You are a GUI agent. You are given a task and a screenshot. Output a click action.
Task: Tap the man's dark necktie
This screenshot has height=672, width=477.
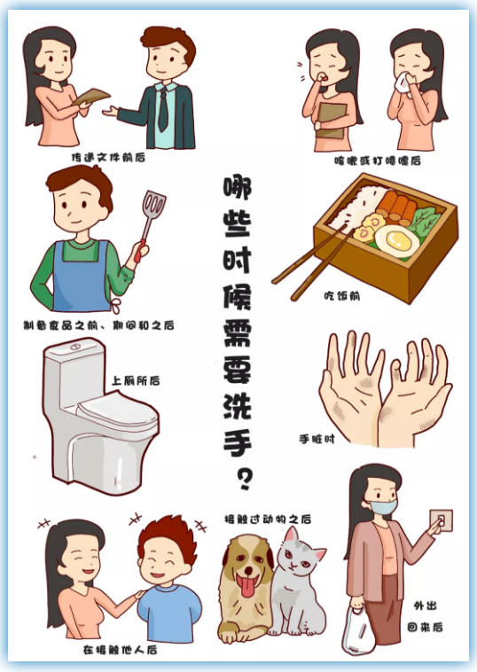tap(163, 109)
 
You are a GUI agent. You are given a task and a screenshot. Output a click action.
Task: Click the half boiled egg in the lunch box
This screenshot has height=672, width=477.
tap(396, 240)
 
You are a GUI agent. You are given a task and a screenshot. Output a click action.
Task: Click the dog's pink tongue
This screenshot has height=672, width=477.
tap(248, 586)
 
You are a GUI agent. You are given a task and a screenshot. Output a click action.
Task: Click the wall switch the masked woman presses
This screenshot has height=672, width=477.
tap(442, 520)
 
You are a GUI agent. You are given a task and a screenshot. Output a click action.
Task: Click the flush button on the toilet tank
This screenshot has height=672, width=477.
tap(75, 346)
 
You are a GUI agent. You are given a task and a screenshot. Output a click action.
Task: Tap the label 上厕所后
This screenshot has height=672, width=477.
tap(136, 380)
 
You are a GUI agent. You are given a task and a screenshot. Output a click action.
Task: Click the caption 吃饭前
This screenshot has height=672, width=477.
tap(341, 296)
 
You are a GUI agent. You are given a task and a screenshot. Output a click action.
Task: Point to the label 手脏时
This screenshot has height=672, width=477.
tap(317, 439)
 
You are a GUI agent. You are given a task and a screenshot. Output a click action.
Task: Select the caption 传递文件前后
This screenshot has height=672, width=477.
tap(108, 158)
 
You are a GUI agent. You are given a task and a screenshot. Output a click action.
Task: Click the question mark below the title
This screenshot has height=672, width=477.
tap(245, 480)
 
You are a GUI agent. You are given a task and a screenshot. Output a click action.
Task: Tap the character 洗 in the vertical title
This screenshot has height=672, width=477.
tap(238, 405)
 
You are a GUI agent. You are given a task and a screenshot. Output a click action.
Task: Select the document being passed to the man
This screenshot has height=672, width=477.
tap(90, 97)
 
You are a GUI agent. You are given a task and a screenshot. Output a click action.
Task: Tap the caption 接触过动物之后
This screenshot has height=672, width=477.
tap(268, 520)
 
